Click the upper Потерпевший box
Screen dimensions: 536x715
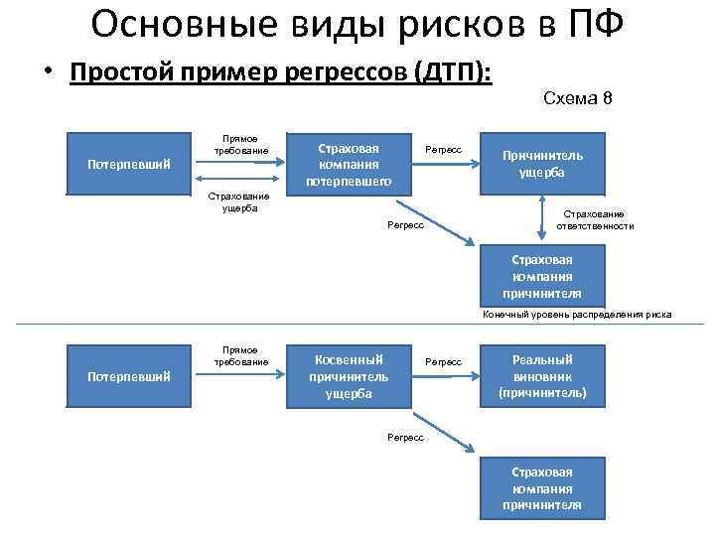click(x=127, y=163)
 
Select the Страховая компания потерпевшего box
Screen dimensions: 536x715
click(x=349, y=161)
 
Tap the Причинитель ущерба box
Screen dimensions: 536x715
click(x=542, y=163)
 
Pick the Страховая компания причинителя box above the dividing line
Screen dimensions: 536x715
click(x=542, y=276)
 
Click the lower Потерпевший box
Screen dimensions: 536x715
click(x=127, y=376)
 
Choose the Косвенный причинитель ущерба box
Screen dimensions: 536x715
click(x=349, y=376)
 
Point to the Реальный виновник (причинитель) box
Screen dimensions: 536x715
click(x=542, y=376)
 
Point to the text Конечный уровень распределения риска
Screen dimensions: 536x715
click(x=577, y=314)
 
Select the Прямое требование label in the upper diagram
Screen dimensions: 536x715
click(x=241, y=144)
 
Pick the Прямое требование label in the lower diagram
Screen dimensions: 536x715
click(x=241, y=355)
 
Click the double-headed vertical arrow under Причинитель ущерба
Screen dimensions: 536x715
click(x=542, y=216)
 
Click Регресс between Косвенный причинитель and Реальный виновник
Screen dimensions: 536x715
click(x=443, y=362)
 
